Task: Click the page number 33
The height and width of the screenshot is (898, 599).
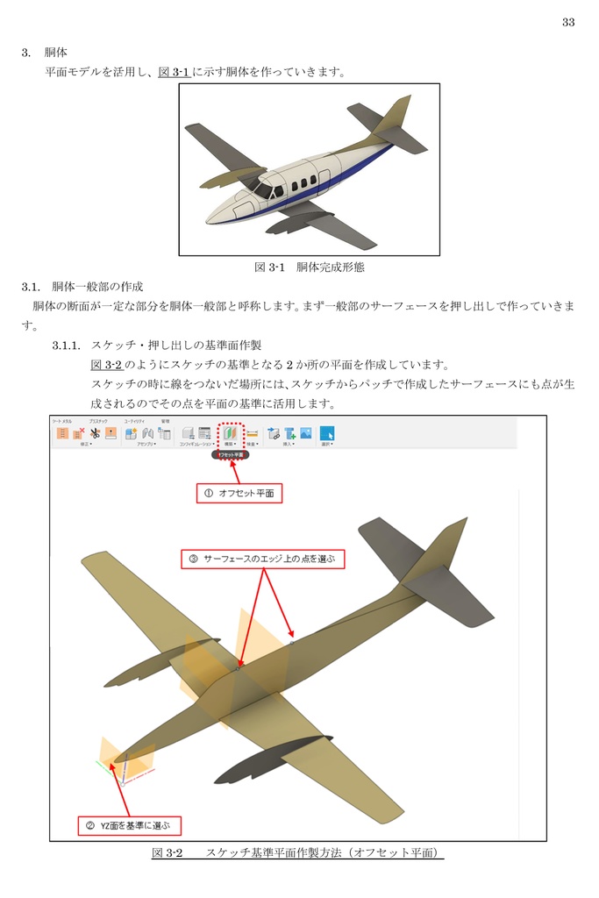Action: [568, 22]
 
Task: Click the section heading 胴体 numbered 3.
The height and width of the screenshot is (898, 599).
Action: [56, 53]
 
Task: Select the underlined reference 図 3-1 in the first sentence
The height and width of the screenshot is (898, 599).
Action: [175, 71]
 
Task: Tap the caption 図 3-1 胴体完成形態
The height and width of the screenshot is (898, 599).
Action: [310, 266]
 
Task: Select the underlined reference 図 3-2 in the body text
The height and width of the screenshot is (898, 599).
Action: [107, 364]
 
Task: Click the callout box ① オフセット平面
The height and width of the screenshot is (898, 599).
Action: [239, 494]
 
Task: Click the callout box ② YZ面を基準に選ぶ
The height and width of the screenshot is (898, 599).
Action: [127, 825]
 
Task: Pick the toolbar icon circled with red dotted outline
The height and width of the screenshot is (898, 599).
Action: [229, 433]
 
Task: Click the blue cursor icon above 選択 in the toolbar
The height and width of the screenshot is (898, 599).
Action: [327, 433]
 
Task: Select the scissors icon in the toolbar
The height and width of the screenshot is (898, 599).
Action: [94, 433]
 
